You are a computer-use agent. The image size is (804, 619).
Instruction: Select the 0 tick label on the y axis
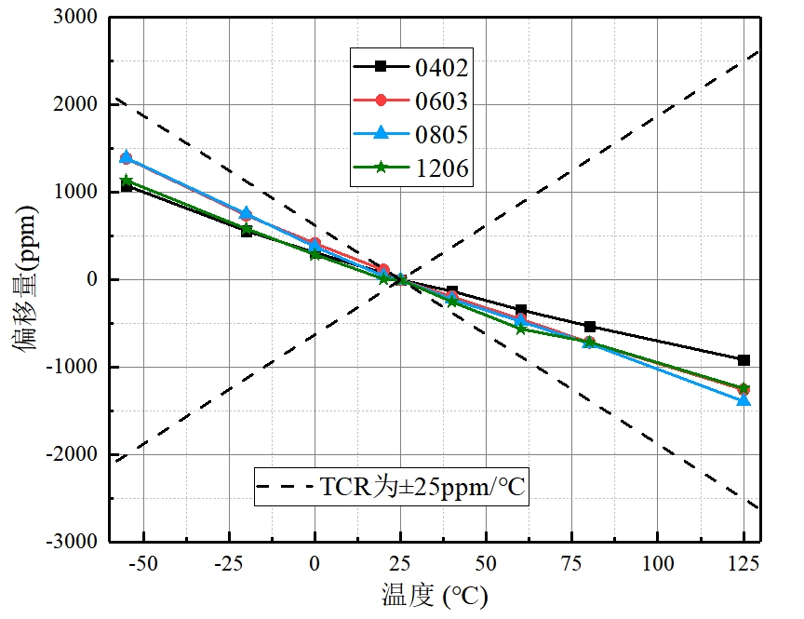click(x=91, y=280)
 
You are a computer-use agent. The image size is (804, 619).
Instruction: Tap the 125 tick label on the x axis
click(x=744, y=562)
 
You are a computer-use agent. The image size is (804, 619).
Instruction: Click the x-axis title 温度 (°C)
click(x=435, y=594)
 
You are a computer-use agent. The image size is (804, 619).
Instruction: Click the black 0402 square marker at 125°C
click(x=744, y=359)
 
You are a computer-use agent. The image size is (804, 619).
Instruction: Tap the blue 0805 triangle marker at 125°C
click(x=744, y=400)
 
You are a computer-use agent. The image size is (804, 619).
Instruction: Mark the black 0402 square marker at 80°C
click(x=589, y=327)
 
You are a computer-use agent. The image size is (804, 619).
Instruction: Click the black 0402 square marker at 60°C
click(x=520, y=310)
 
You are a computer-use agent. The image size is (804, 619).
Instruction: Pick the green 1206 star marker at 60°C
click(x=520, y=329)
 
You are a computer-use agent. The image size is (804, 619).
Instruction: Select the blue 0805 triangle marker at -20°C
click(x=247, y=213)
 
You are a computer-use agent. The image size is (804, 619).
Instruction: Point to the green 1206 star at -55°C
click(x=127, y=182)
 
